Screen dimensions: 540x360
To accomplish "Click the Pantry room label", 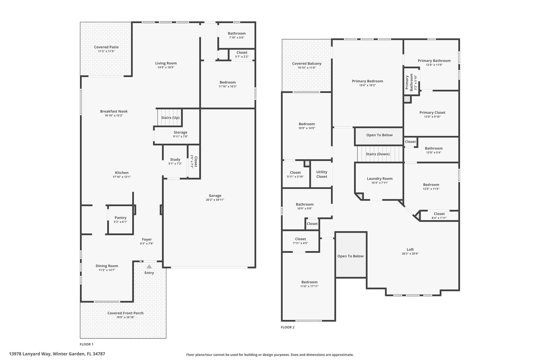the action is pos(120,218).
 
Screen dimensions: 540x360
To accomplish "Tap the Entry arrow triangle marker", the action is pos(149,267).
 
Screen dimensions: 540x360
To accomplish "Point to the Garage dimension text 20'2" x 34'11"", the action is pos(215,200).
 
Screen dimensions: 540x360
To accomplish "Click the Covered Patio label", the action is pos(106,47).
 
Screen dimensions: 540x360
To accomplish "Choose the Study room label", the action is pos(175,160).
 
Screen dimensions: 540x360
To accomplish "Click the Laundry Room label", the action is pos(380,179).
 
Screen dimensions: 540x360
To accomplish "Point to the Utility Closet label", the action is pos(322,174).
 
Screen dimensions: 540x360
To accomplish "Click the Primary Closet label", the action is pos(432,113).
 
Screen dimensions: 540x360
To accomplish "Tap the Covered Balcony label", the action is pos(307,64).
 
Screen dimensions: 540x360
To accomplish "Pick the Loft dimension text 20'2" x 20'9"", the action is pos(410,254).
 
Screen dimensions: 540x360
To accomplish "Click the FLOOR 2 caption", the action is pos(287,327).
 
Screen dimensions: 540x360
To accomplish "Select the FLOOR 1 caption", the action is pos(86,344).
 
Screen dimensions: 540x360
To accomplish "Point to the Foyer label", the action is pos(147,239).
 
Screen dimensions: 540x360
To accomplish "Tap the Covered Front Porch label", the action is pos(126,313).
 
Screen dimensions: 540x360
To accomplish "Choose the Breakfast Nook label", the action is pos(114,111).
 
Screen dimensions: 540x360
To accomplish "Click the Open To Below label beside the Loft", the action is pos(350,256).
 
